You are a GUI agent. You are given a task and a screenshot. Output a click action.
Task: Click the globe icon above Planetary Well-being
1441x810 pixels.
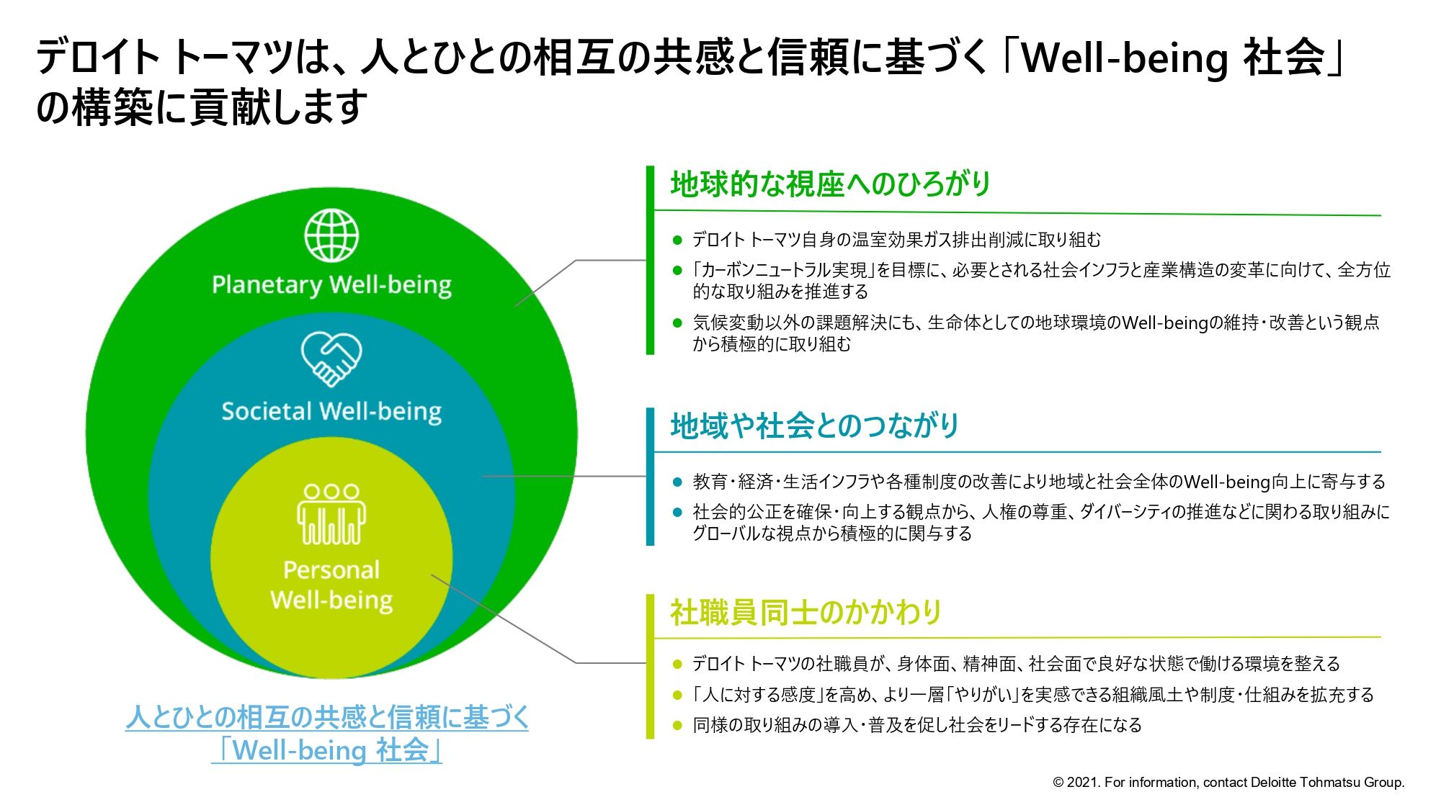(331, 235)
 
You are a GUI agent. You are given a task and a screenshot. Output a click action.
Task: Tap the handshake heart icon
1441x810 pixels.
(331, 358)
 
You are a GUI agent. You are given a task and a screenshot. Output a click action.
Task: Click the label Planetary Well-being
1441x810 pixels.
(331, 285)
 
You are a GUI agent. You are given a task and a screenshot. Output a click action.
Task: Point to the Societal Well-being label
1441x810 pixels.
(331, 411)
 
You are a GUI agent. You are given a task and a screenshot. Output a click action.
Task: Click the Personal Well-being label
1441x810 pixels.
(331, 585)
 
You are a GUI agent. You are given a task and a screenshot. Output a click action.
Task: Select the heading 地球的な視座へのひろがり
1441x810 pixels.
(830, 184)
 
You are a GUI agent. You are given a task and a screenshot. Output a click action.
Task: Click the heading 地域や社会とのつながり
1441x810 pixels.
(814, 426)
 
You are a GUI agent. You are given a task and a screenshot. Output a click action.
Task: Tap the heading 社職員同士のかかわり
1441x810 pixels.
(806, 612)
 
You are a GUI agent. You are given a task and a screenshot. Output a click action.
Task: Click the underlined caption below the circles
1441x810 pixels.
(327, 733)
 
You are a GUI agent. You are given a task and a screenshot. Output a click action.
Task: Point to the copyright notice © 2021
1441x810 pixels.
(1228, 783)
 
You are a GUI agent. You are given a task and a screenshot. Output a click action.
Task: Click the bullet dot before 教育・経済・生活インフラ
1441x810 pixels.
(677, 482)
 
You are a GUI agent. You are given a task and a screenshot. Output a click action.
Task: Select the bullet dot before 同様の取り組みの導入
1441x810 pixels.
(677, 725)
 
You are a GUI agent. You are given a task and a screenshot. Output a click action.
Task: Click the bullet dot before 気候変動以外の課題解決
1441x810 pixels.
(677, 323)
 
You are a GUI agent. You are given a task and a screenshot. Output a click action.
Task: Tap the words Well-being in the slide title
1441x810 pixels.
(1125, 58)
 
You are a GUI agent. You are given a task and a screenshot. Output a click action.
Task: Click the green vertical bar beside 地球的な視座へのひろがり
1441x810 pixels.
(650, 260)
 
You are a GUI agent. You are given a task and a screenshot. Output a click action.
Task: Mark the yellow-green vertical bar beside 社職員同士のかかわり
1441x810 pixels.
(650, 666)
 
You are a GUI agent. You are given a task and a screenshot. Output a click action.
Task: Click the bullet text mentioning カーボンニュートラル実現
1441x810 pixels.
(1041, 280)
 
